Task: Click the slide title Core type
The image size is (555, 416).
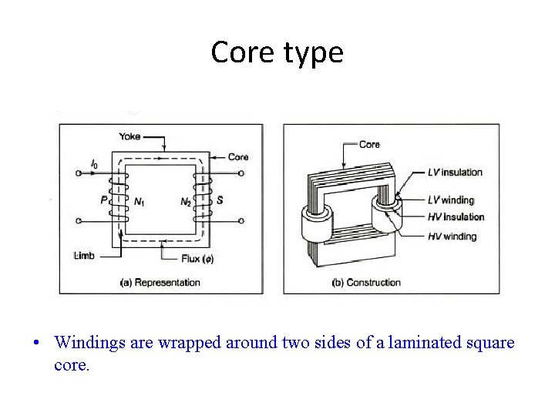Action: (277, 52)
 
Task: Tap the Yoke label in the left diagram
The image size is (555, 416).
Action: (129, 136)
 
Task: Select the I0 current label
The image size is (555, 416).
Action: (94, 164)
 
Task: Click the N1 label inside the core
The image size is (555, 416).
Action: (140, 202)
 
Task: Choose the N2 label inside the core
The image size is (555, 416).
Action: (186, 202)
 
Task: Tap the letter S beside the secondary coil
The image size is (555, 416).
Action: (220, 200)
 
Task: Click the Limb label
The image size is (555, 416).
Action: (84, 256)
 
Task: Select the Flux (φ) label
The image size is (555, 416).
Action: (198, 258)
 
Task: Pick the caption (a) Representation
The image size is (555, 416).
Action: (160, 283)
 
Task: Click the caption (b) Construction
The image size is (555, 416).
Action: (366, 283)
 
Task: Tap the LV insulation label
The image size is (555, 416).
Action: (455, 172)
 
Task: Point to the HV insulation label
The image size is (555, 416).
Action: (456, 217)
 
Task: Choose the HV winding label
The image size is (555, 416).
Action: (452, 237)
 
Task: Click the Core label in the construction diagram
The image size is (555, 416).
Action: (370, 144)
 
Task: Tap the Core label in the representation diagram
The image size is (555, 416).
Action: (238, 157)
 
